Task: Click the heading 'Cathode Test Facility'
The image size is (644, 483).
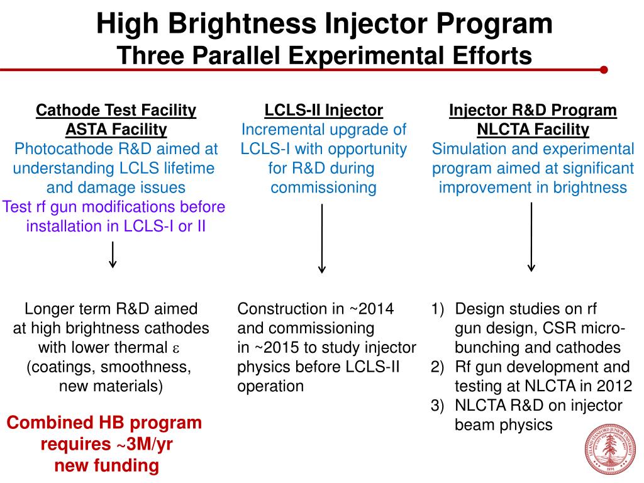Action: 116,111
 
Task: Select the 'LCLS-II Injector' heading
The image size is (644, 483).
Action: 323,111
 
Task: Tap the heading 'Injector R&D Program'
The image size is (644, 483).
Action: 533,111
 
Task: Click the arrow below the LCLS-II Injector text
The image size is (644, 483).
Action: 322,238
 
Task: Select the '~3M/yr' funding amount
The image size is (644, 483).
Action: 143,445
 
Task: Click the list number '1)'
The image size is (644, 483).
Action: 438,309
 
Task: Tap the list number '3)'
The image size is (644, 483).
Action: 438,406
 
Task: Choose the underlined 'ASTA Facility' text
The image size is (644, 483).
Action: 116,130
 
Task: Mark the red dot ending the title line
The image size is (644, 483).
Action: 604,70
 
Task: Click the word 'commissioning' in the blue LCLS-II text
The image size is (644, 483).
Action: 323,187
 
